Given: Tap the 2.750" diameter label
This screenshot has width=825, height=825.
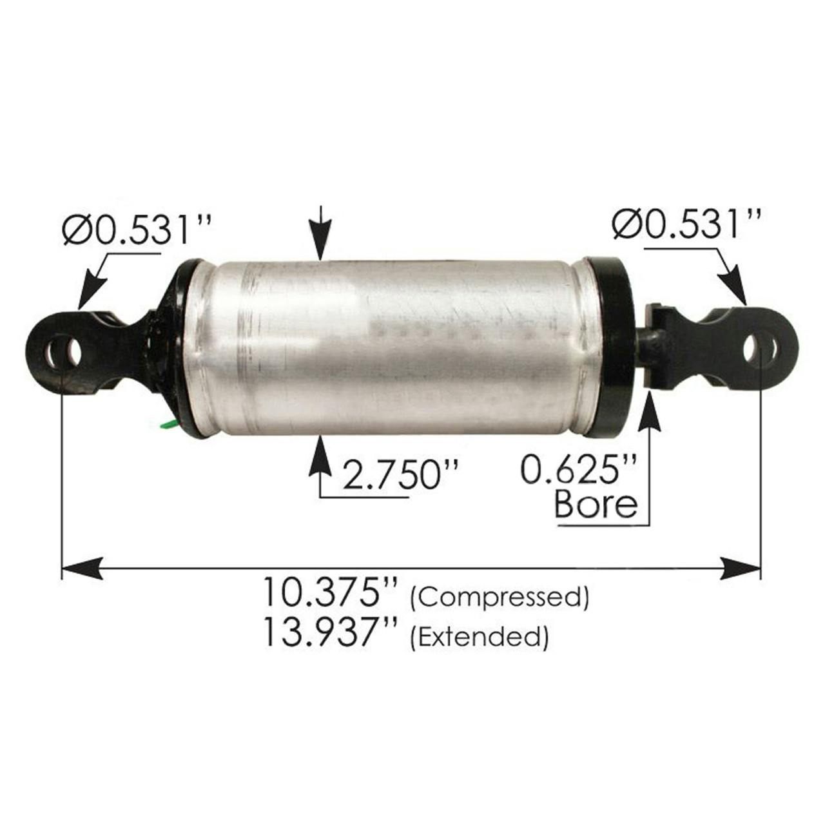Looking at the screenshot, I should tap(400, 475).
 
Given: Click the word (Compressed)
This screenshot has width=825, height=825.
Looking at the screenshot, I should tap(500, 597).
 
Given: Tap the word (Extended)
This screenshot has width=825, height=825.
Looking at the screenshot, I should tap(480, 637).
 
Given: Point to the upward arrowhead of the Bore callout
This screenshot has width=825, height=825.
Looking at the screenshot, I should tap(649, 412).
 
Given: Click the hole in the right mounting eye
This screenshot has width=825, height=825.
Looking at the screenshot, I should tap(752, 348).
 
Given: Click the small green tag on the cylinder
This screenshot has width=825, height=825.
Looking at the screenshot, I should tap(168, 423).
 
